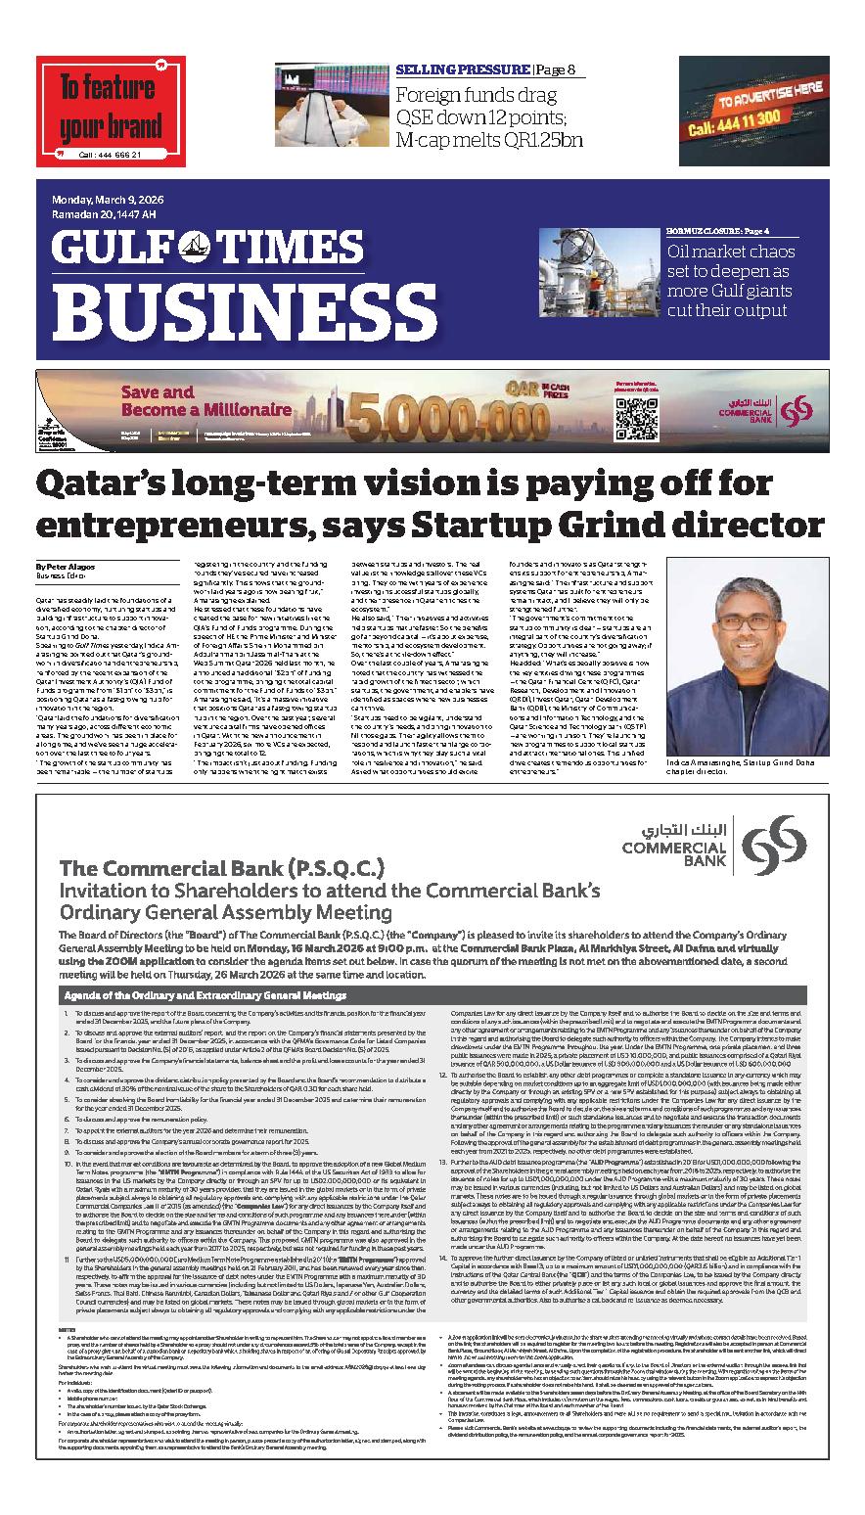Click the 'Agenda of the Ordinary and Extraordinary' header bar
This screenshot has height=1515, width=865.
pyautogui.click(x=205, y=994)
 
